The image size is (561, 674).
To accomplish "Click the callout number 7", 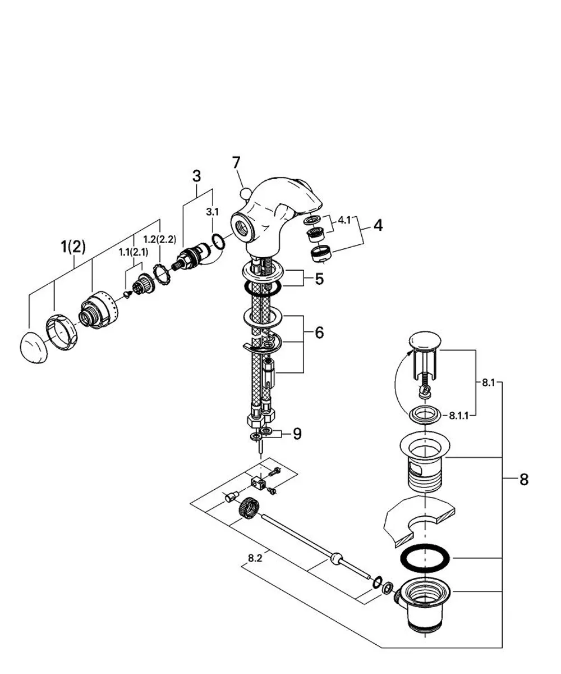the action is point(236,163).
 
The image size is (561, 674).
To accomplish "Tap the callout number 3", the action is point(196,176).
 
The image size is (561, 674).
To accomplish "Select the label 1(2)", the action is point(73,247).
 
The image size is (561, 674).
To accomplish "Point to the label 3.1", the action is point(212,212).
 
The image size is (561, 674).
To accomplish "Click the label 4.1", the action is point(344,220).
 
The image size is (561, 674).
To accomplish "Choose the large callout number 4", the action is point(378,225).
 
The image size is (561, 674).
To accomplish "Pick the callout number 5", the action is point(319,279).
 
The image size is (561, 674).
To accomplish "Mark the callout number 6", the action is point(319,333).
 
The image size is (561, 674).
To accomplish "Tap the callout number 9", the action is point(297,434).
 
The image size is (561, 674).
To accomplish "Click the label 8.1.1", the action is point(458,416).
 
